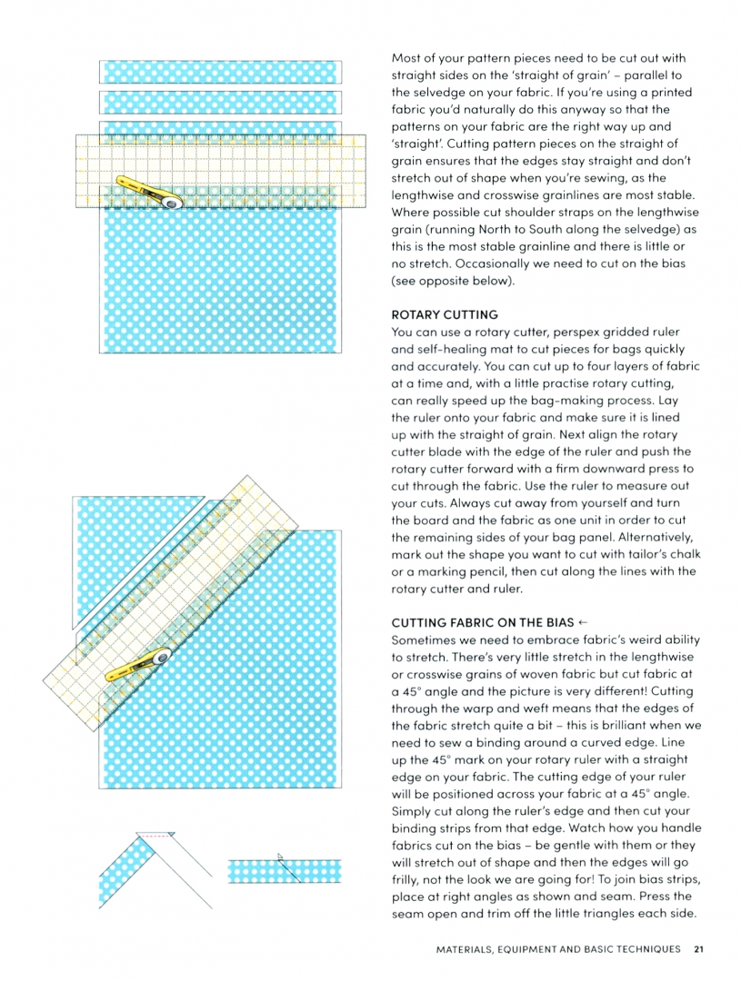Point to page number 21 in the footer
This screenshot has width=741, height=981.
pos(697,949)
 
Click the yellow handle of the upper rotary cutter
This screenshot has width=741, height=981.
pos(139,186)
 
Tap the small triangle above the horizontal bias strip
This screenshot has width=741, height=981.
pos(281,855)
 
